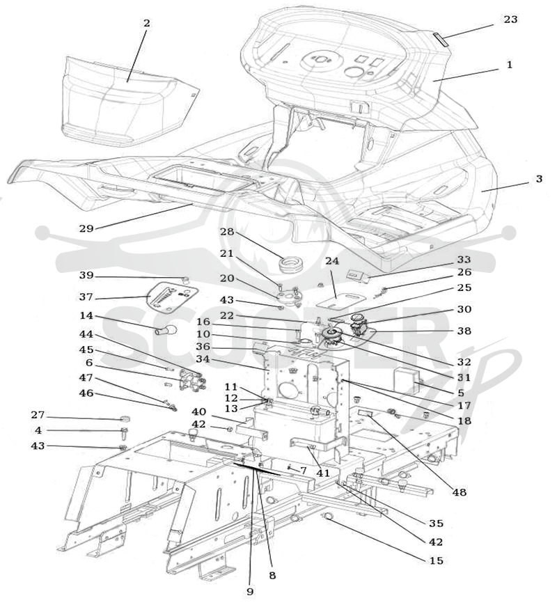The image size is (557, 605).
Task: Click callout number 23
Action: tap(510, 19)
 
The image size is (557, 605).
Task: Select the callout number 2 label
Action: tap(146, 23)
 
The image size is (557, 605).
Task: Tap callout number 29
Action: tap(86, 228)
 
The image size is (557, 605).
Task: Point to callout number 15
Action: tap(436, 560)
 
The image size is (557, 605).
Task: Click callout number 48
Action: tap(460, 492)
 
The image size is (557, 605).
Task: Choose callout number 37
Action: tap(86, 297)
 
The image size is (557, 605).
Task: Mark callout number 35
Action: tap(436, 524)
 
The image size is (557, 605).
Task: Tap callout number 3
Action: tap(539, 179)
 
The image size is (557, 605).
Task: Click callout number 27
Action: tap(38, 415)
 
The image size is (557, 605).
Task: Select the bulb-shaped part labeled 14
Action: tap(166, 330)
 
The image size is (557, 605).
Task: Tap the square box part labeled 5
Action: tap(405, 379)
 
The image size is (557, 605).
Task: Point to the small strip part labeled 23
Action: tap(439, 39)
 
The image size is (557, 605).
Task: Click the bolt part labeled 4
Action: tap(125, 433)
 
